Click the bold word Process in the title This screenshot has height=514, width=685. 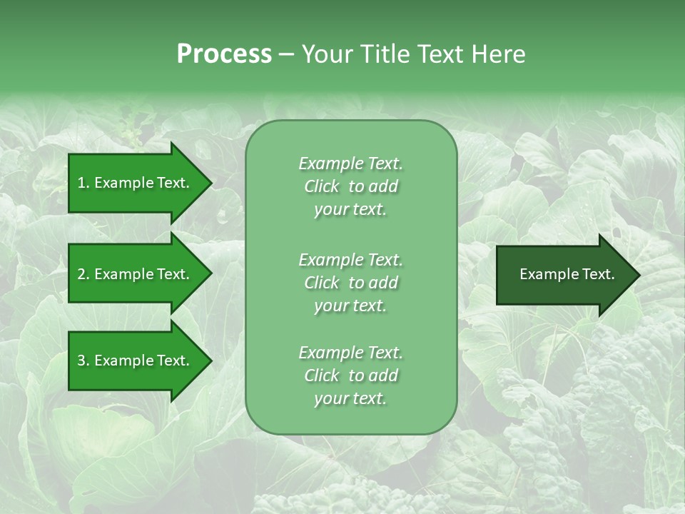[x=224, y=54]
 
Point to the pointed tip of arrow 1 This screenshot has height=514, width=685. [x=210, y=183]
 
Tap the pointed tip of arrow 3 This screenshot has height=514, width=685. [x=210, y=361]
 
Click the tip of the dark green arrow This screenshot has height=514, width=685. [x=638, y=275]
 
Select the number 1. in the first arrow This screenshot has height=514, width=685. [x=83, y=183]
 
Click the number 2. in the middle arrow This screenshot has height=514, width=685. [x=83, y=274]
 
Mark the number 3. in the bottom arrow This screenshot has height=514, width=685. [x=83, y=361]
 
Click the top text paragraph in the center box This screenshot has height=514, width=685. [x=350, y=186]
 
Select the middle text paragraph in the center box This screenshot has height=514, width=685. [x=350, y=282]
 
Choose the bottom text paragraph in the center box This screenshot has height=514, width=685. [x=350, y=376]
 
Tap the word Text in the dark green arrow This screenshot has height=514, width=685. [x=598, y=274]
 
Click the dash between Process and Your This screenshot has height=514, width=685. [x=286, y=54]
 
